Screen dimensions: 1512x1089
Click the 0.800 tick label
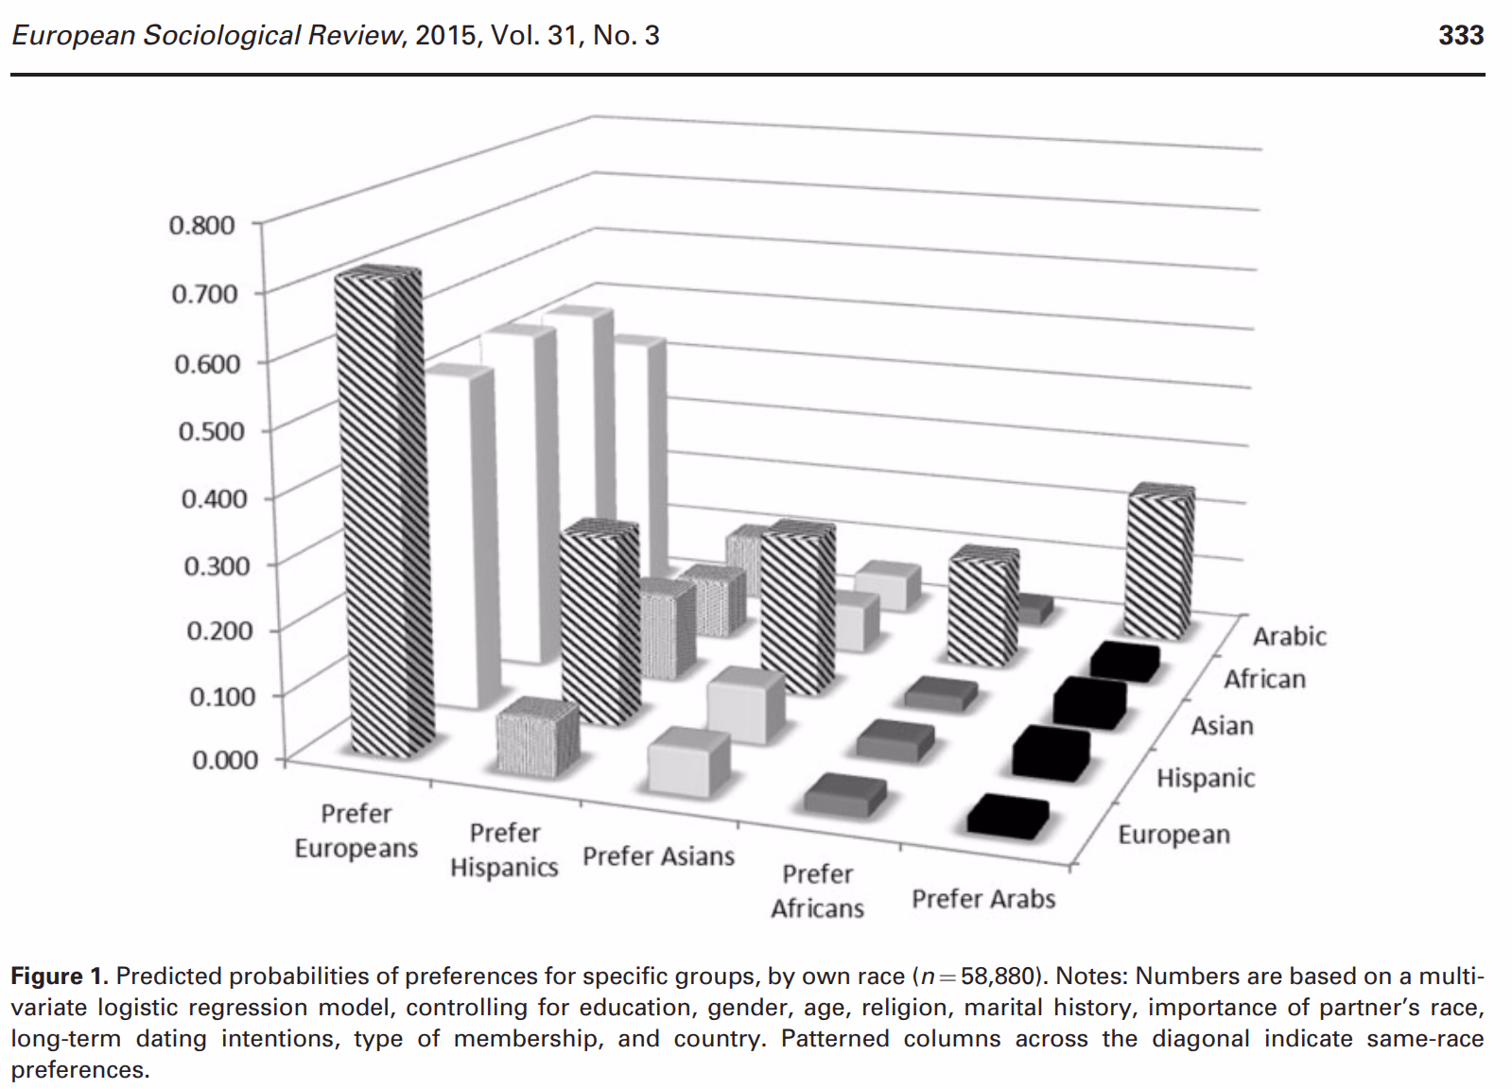click(x=201, y=225)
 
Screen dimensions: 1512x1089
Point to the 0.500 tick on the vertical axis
click(x=211, y=430)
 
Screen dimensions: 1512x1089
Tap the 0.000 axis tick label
click(x=225, y=760)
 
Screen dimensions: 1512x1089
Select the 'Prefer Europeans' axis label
click(x=356, y=831)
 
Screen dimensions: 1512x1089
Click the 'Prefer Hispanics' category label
click(x=504, y=850)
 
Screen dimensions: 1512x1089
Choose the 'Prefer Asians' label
click(x=658, y=856)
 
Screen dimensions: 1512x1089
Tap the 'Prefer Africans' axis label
click(x=817, y=891)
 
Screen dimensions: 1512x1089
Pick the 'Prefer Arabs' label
click(x=983, y=899)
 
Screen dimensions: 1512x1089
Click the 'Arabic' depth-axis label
click(x=1290, y=636)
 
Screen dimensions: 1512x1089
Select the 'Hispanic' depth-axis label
click(x=1207, y=778)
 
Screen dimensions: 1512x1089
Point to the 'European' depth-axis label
click(x=1174, y=835)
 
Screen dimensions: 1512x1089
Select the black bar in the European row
click(x=1008, y=817)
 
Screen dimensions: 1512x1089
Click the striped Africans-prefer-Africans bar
click(x=983, y=606)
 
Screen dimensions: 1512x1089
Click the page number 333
click(x=1461, y=35)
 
